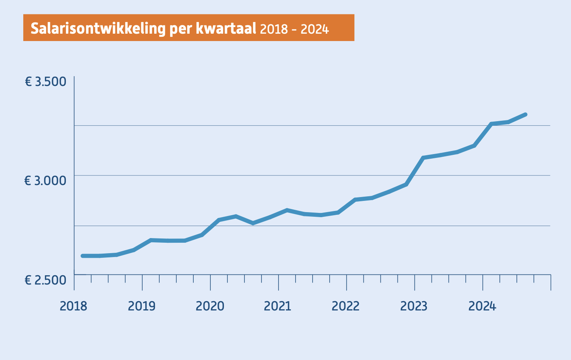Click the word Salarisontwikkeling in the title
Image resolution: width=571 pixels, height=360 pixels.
point(98,28)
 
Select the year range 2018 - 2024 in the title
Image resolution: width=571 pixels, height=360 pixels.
point(294,29)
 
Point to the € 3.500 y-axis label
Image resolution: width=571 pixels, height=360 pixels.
point(45,82)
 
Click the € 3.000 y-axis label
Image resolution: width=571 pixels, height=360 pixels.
point(45,181)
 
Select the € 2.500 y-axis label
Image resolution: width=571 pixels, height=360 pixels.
point(45,280)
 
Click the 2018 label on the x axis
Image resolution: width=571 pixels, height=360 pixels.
point(73,306)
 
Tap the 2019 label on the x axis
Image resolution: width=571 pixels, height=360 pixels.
point(141,306)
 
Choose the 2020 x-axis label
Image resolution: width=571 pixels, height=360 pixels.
point(210,306)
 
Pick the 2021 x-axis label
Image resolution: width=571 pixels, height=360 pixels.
point(277,306)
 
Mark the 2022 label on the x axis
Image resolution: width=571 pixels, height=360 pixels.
point(346,306)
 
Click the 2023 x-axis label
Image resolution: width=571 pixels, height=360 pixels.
point(414,306)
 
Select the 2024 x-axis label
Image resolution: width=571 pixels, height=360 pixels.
point(482,306)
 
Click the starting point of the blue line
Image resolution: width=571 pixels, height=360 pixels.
point(83,256)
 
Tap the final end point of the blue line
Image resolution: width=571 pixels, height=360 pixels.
point(525,115)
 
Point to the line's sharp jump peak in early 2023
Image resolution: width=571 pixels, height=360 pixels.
point(423,158)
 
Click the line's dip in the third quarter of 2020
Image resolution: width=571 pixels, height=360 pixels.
point(253,223)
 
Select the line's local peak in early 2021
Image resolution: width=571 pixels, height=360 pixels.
point(287,210)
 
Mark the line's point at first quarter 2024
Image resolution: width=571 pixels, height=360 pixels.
point(491,124)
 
